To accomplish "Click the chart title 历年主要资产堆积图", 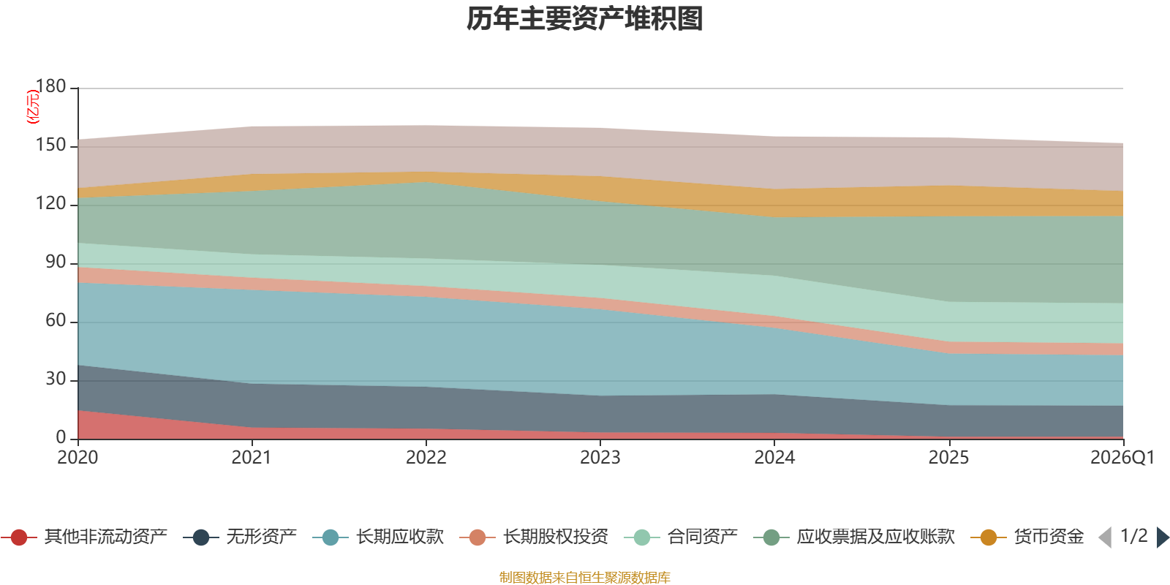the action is click(x=584, y=19).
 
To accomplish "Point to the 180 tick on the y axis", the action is click(x=50, y=86).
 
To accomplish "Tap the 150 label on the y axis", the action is click(x=50, y=145).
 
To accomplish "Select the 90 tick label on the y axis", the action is click(x=56, y=262).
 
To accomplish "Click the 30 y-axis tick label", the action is click(x=56, y=379).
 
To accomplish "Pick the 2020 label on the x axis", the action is click(x=78, y=458).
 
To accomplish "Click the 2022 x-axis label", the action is click(x=426, y=458).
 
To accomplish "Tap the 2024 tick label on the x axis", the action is click(x=774, y=458).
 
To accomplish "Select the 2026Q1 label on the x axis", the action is click(x=1122, y=458).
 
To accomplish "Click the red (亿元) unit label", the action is click(x=32, y=107).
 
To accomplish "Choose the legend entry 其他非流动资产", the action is click(x=83, y=537).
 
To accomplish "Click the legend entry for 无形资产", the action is click(x=240, y=537).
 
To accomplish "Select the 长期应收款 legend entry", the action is click(x=378, y=537).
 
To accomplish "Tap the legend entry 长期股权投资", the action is click(x=534, y=537).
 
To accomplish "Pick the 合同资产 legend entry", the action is click(x=681, y=537).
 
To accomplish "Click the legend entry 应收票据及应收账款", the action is click(x=854, y=537).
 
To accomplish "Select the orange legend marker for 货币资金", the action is click(x=988, y=537).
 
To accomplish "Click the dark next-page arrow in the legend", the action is click(x=1163, y=537).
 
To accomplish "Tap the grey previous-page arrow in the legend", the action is click(x=1105, y=537).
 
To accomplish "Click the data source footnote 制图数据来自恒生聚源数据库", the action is click(x=584, y=577).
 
